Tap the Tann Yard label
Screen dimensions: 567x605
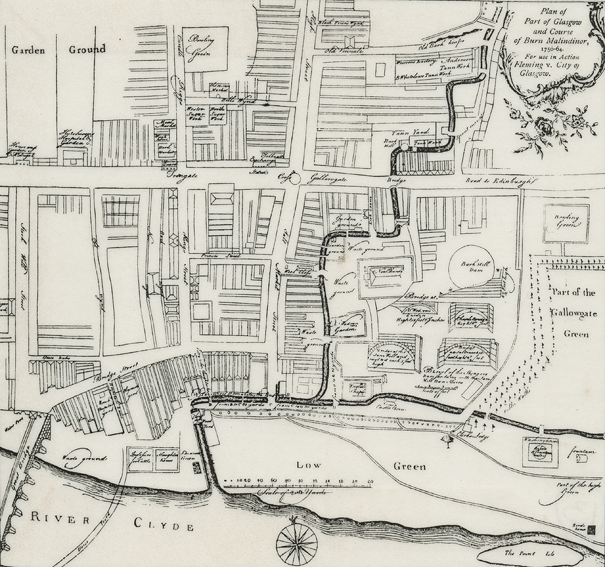(x=420, y=131)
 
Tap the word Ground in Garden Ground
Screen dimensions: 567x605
(x=87, y=49)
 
